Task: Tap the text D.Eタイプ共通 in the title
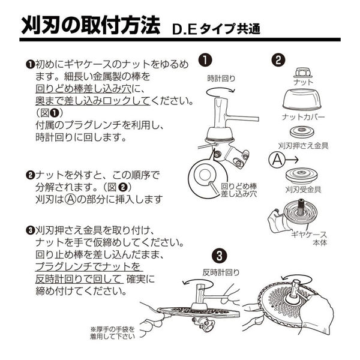click(x=215, y=29)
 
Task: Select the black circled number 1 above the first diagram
click(x=205, y=60)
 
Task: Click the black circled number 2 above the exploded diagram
click(x=278, y=60)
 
